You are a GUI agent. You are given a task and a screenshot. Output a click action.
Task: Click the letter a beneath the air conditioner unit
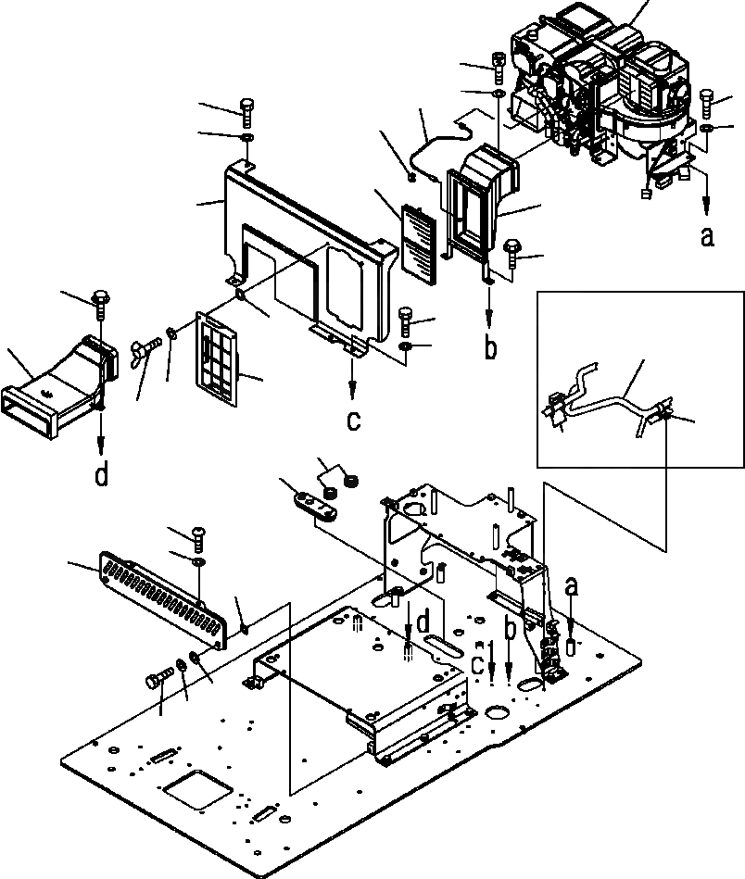[x=707, y=236]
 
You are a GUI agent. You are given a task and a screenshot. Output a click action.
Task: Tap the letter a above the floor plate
[x=573, y=586]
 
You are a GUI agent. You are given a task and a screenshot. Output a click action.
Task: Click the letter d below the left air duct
[x=102, y=475]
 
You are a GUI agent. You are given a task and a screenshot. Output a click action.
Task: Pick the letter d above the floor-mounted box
[x=423, y=622]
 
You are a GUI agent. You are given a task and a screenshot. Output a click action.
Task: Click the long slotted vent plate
[x=162, y=597]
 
